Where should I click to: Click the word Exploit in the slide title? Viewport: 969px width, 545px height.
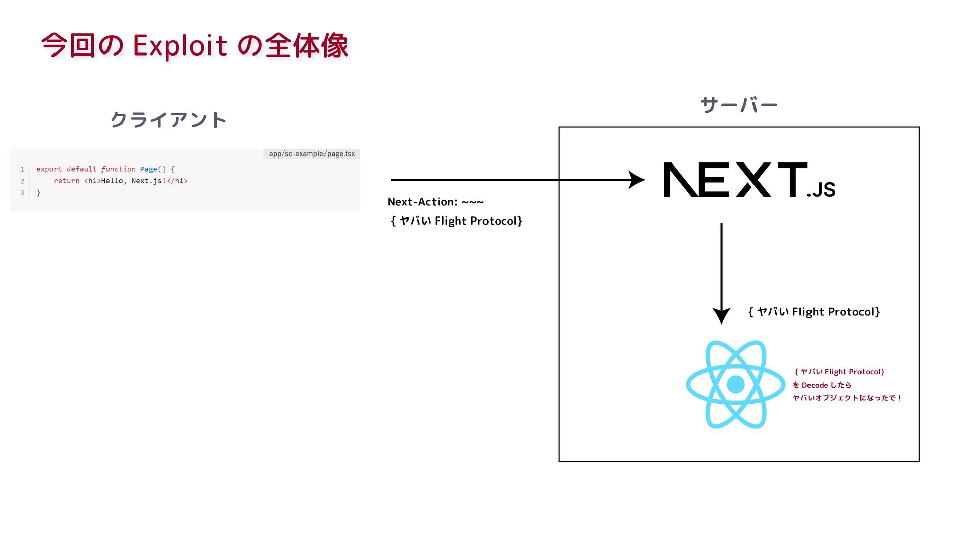pos(180,46)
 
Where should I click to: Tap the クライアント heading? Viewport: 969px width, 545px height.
pos(168,120)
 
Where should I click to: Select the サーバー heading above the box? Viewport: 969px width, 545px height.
pos(738,105)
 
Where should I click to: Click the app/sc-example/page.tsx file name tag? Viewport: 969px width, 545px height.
pos(311,154)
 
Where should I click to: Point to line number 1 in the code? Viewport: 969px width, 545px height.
pos(22,169)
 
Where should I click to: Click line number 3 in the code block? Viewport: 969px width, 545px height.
pos(22,193)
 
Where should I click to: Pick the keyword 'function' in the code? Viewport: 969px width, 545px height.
pos(118,169)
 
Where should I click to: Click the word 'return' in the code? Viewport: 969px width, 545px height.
pos(66,181)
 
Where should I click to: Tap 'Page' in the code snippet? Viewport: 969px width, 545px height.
pos(148,169)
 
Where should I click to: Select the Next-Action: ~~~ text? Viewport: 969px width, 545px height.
pos(436,202)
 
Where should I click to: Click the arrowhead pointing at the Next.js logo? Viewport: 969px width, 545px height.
pos(637,180)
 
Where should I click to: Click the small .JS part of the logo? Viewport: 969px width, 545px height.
pos(821,190)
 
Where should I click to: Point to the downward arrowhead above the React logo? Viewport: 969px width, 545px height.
pos(721,315)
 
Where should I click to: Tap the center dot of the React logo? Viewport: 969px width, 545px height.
pos(736,385)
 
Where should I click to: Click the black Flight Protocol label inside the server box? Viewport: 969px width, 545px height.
pos(814,312)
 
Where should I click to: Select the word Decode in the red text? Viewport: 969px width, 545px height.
pos(815,385)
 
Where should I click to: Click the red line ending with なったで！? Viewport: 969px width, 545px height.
pos(847,398)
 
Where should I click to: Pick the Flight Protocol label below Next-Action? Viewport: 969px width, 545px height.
pos(456,221)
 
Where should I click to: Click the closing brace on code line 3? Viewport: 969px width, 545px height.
pos(38,193)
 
